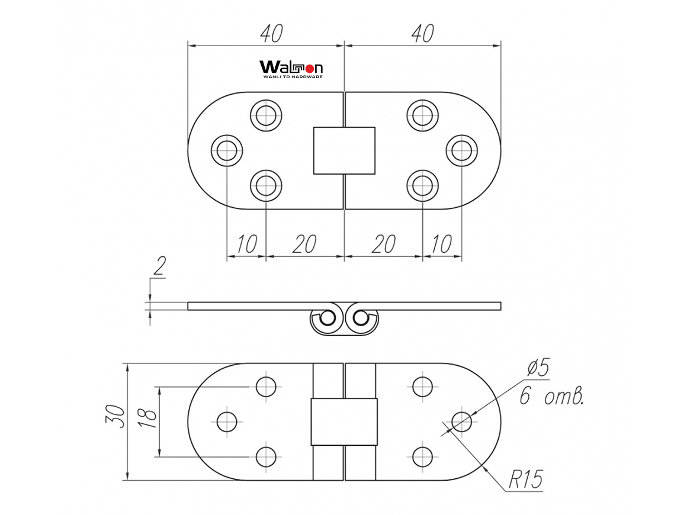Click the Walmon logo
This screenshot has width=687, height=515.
291,69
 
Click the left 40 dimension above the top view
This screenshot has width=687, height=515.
270,34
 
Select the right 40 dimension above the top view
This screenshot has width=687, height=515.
422,34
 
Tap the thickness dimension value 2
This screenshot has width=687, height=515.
158,268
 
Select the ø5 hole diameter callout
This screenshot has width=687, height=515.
538,369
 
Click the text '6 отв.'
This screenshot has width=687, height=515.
551,396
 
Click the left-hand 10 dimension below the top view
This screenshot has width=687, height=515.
246,244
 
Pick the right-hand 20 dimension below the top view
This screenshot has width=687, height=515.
384,244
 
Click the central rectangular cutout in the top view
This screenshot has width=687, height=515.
344,150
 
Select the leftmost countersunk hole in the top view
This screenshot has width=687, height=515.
227,151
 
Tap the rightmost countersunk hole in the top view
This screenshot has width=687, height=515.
461,151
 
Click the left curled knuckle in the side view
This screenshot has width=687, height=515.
326,320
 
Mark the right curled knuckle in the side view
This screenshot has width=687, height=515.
361,320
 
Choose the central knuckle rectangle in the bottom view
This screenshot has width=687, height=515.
344,421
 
